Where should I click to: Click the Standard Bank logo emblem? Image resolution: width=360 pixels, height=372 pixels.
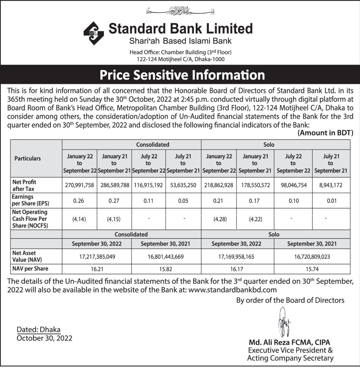click(x=94, y=33)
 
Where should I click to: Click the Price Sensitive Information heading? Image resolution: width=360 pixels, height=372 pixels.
click(x=182, y=75)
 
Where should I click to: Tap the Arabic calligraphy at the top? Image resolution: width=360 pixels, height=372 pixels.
click(x=180, y=11)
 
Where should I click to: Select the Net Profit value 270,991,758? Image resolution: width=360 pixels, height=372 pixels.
click(x=80, y=185)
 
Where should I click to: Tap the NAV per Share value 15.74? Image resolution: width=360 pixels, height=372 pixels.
click(x=312, y=269)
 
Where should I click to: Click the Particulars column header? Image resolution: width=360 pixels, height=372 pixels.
click(x=28, y=158)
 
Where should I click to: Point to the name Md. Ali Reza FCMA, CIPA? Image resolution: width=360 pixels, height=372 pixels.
click(x=290, y=343)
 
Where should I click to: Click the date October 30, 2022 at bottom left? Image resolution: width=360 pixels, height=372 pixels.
click(x=45, y=338)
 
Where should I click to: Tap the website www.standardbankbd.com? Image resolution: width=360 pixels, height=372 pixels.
click(x=233, y=290)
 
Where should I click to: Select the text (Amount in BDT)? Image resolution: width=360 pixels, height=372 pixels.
click(x=325, y=133)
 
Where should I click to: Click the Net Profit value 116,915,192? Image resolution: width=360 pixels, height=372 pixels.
click(x=149, y=185)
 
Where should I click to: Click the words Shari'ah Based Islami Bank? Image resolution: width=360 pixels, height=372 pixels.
click(x=180, y=41)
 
